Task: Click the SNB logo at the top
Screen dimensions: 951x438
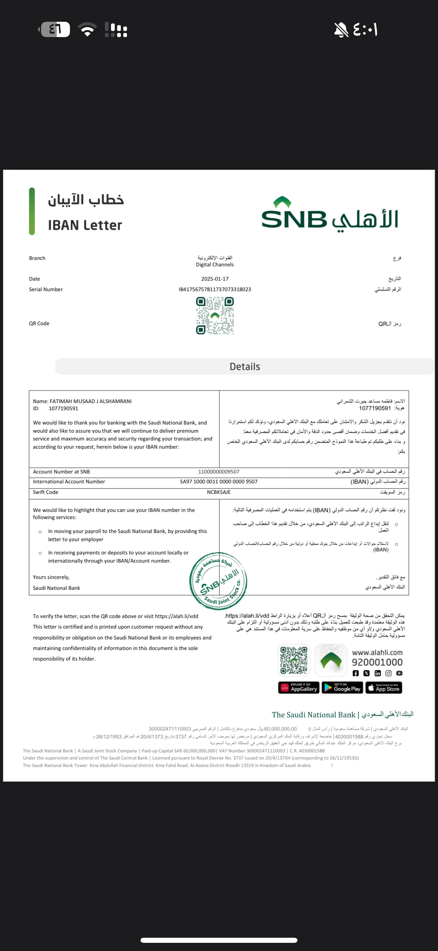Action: click(329, 214)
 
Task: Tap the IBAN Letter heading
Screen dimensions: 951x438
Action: click(85, 225)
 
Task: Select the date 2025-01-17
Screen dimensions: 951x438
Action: click(215, 279)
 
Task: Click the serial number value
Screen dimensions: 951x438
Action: click(215, 289)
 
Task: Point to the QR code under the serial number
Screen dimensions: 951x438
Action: click(215, 316)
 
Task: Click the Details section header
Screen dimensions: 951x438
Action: click(245, 367)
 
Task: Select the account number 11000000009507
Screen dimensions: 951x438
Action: click(219, 472)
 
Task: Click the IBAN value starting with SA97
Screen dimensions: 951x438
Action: click(219, 482)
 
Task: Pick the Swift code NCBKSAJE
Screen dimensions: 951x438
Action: click(219, 492)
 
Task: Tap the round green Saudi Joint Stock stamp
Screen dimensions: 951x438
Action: click(218, 581)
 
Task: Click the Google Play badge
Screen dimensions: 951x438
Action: click(343, 688)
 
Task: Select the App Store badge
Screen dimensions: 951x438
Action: click(384, 688)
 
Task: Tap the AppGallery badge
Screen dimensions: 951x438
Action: click(299, 688)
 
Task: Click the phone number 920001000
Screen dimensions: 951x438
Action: click(377, 662)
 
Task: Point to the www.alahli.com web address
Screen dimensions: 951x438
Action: click(377, 653)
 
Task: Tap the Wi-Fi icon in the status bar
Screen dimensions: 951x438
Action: click(87, 30)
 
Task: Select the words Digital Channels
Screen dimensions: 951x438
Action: click(215, 265)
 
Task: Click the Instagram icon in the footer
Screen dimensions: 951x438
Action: click(388, 673)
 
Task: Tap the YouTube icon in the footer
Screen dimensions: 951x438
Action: click(399, 673)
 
